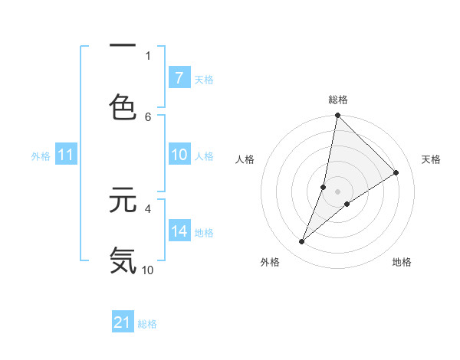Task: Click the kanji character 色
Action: point(123,106)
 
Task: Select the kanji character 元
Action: point(123,200)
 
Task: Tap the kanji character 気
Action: point(123,260)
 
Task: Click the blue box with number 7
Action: point(179,77)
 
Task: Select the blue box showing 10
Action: point(179,155)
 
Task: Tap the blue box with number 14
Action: point(179,231)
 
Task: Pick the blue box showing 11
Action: point(66,155)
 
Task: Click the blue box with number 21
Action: point(123,322)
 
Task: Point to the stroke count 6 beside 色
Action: point(148,116)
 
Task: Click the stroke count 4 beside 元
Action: point(148,208)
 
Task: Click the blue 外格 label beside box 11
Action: point(41,155)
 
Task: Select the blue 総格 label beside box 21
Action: point(147,324)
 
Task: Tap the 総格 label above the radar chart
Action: point(338,100)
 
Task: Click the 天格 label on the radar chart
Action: point(432,159)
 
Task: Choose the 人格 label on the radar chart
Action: point(245,159)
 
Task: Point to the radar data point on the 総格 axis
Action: point(337,116)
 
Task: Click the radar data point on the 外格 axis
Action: point(302,242)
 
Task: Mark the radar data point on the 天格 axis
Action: point(396,173)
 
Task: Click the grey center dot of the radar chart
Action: point(337,191)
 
